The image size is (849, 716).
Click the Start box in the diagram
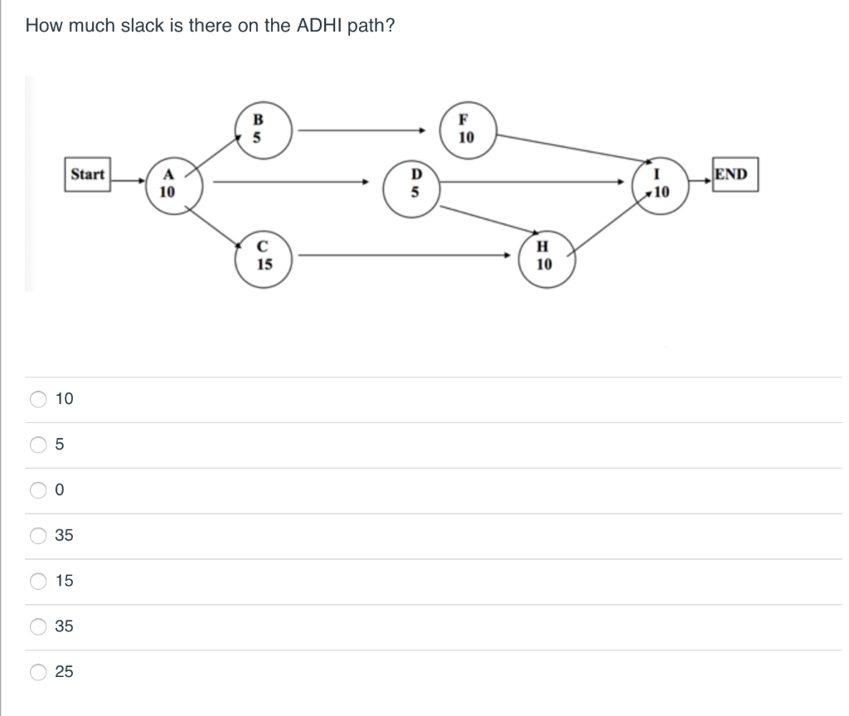pyautogui.click(x=88, y=174)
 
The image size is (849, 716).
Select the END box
pyautogui.click(x=732, y=175)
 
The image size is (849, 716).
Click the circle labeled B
pyautogui.click(x=257, y=129)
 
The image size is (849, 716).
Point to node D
pyautogui.click(x=418, y=184)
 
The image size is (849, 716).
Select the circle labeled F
pyautogui.click(x=465, y=129)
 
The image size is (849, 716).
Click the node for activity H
pyautogui.click(x=544, y=256)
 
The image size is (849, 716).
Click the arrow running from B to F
pyautogui.click(x=362, y=129)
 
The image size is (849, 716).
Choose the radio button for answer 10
pyautogui.click(x=39, y=399)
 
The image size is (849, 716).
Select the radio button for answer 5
pyautogui.click(x=39, y=445)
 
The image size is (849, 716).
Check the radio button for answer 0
pyautogui.click(x=39, y=490)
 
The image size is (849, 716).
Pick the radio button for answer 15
pyautogui.click(x=39, y=581)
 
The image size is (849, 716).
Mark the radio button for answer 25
pyautogui.click(x=39, y=672)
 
